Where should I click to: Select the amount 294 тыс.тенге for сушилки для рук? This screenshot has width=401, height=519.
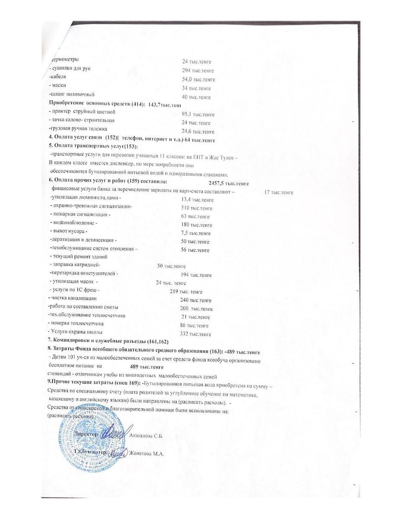198,70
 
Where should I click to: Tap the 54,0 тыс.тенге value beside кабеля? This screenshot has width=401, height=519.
199,80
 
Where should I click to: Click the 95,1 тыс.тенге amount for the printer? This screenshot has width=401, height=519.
198,115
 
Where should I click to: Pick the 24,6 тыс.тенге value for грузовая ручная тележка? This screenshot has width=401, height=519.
198,131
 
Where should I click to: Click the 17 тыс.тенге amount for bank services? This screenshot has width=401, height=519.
279,192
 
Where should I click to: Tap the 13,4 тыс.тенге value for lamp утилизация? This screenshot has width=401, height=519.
197,200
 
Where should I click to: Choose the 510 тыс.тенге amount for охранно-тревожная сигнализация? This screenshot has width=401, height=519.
197,208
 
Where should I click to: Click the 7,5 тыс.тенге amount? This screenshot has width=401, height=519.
196,233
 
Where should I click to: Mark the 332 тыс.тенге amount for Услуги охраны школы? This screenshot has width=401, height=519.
196,334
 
